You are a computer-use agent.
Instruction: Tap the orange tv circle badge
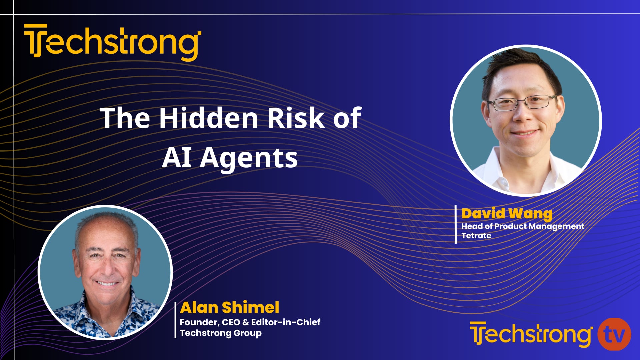pyautogui.click(x=614, y=334)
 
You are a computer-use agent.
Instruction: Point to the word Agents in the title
pyautogui.click(x=249, y=158)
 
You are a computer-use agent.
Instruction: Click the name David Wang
pyautogui.click(x=507, y=213)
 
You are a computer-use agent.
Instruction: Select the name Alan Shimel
pyautogui.click(x=229, y=307)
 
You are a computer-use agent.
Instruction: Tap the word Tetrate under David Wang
pyautogui.click(x=476, y=236)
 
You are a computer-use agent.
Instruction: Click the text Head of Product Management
pyautogui.click(x=522, y=226)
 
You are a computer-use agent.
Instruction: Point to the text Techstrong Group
pyautogui.click(x=220, y=333)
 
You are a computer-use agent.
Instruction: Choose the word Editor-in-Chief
pyautogui.click(x=285, y=322)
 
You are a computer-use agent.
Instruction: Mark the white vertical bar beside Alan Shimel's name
pyautogui.click(x=175, y=320)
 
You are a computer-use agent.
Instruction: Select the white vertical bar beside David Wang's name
pyautogui.click(x=456, y=224)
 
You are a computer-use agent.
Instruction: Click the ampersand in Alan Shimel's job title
pyautogui.click(x=246, y=322)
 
